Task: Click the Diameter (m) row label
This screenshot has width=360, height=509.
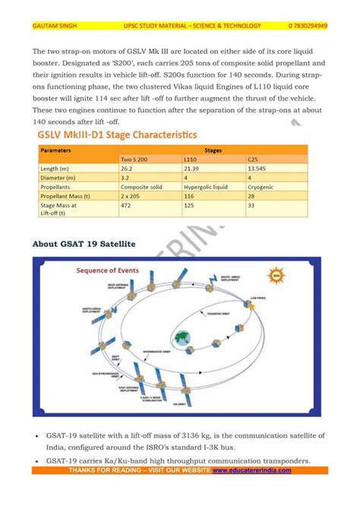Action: (58, 177)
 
